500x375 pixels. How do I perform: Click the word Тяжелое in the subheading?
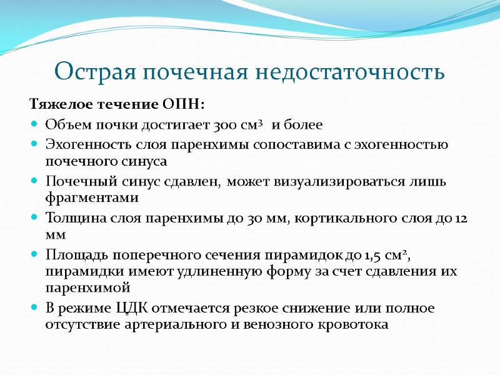pos(60,104)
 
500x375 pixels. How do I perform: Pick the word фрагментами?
pos(91,197)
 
